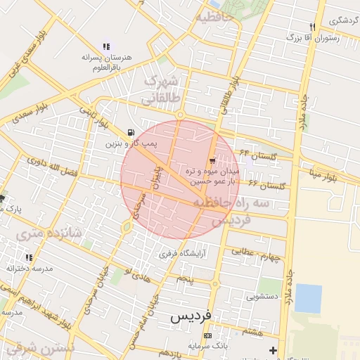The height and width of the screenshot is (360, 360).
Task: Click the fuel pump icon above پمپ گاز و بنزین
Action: pyautogui.click(x=131, y=132)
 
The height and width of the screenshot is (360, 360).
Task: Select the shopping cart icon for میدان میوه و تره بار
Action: pyautogui.click(x=212, y=161)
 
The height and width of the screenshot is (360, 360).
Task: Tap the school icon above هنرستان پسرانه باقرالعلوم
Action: pyautogui.click(x=106, y=46)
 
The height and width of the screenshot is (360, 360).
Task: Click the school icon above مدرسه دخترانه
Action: pyautogui.click(x=29, y=258)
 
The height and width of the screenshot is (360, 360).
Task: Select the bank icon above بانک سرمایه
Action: pyautogui.click(x=207, y=335)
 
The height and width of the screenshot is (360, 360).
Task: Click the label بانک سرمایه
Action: pyautogui.click(x=209, y=346)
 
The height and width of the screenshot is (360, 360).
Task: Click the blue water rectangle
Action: pyautogui.click(x=308, y=298)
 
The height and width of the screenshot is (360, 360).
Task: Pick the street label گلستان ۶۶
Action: pyautogui.click(x=266, y=185)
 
